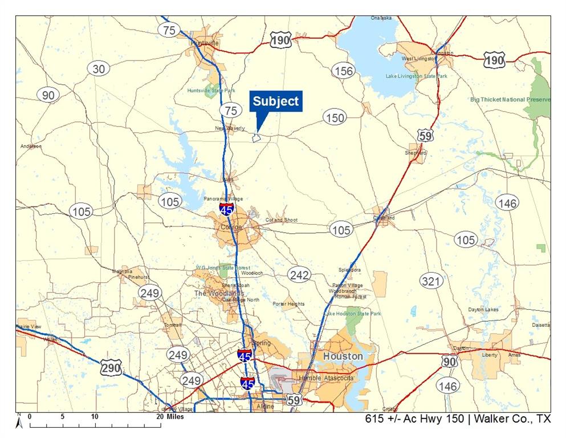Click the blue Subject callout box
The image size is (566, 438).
pyautogui.click(x=276, y=102)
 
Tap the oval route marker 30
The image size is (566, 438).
pyautogui.click(x=99, y=68)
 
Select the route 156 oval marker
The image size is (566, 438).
pyautogui.click(x=343, y=71)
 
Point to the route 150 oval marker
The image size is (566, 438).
pyautogui.click(x=335, y=117)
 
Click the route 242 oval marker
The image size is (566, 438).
pyautogui.click(x=299, y=275)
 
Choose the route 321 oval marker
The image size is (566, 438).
pyautogui.click(x=431, y=281)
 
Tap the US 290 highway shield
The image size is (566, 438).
pyautogui.click(x=111, y=368)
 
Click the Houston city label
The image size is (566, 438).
pyautogui.click(x=343, y=356)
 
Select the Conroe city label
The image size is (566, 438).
pyautogui.click(x=231, y=227)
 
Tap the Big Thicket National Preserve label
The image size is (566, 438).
pyautogui.click(x=510, y=100)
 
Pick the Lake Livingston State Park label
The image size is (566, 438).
pyautogui.click(x=416, y=76)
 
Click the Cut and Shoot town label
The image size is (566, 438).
pyautogui.click(x=282, y=220)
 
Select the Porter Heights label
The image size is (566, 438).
pyautogui.click(x=288, y=304)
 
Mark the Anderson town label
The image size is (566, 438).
pyautogui.click(x=31, y=147)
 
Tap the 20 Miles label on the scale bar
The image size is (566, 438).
pyautogui.click(x=171, y=417)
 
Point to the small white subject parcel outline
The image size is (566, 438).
pyautogui.click(x=256, y=137)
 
